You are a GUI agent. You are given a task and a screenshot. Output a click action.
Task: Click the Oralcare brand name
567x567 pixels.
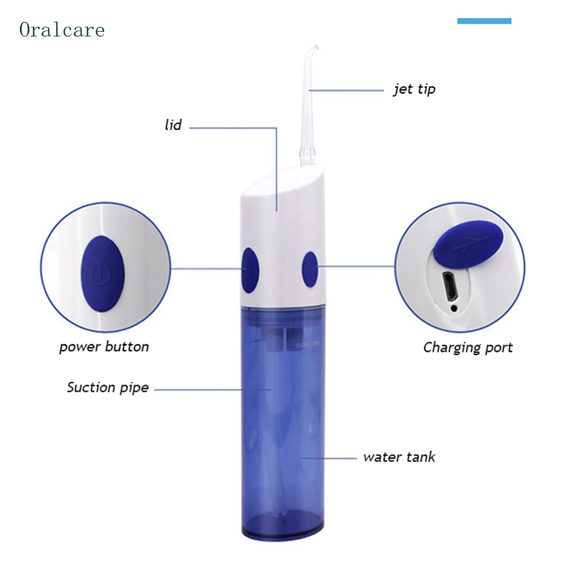62,29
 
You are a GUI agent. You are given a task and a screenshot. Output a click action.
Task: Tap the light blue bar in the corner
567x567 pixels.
484,21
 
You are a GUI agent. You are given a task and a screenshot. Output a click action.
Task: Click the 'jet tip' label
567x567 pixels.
414,89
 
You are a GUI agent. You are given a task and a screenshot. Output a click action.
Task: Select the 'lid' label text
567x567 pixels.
173,125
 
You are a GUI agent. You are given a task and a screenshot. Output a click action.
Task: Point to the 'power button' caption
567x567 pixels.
104,346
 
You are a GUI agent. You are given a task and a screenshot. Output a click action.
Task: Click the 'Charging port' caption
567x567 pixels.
468,347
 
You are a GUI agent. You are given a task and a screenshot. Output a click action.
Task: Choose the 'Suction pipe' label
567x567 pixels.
108,388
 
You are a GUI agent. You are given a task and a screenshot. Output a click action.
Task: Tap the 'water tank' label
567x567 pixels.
399,456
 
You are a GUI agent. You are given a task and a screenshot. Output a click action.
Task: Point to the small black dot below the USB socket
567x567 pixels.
453,308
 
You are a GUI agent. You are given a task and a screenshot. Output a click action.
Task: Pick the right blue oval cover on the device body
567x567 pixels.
310,268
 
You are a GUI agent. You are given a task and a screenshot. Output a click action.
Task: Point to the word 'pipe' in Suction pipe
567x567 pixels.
134,388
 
